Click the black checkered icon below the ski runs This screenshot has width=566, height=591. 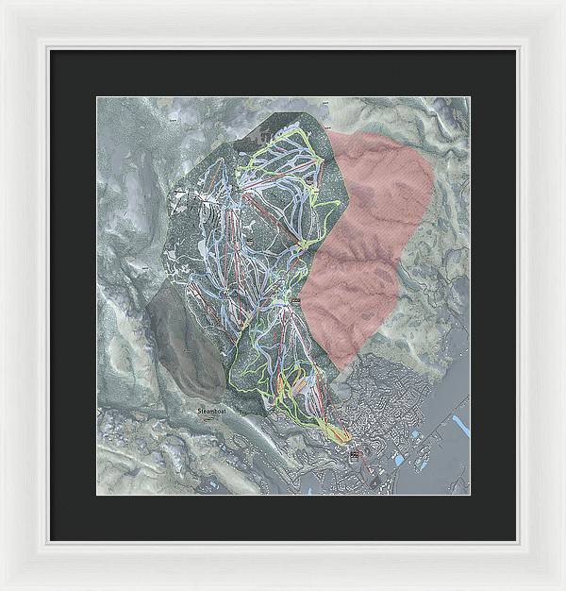[x=355, y=455]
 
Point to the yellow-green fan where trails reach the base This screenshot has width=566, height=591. [x=332, y=430]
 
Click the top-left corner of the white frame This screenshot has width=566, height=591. [x=3, y=3]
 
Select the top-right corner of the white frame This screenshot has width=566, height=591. [x=562, y=3]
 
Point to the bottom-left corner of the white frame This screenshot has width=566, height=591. [x=3, y=587]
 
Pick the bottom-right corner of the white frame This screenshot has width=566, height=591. [x=562, y=587]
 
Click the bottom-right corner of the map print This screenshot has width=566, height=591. [x=470, y=495]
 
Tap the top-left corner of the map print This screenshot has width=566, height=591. [x=95, y=95]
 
